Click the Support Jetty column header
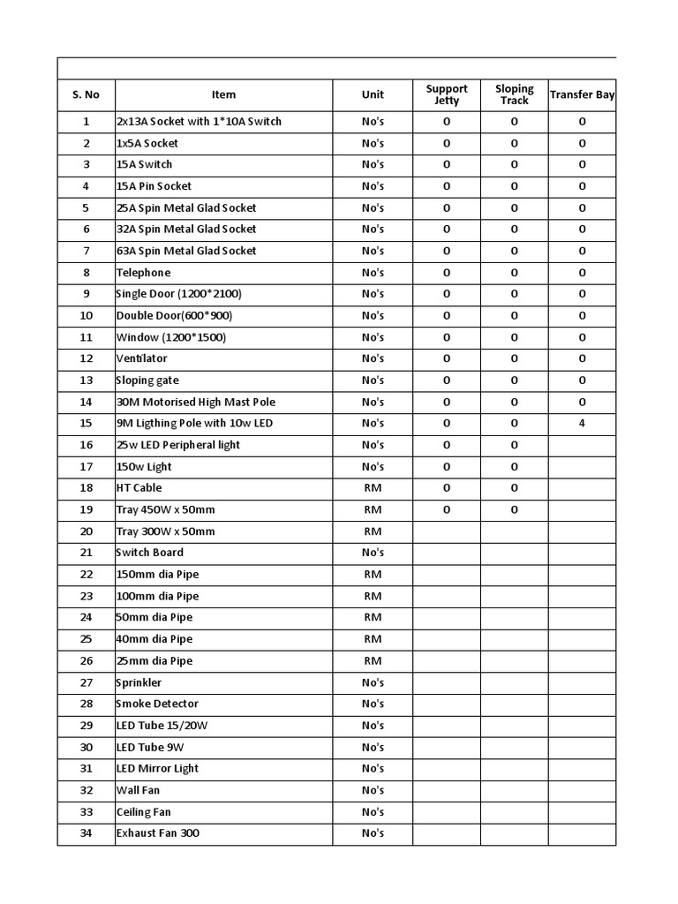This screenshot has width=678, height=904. (447, 94)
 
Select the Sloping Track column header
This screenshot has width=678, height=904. (514, 94)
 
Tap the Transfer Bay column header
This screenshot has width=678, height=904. (582, 94)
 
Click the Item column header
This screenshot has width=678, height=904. (223, 94)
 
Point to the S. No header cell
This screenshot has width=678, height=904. (86, 94)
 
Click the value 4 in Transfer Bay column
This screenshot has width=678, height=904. (582, 423)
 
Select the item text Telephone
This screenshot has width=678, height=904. (143, 273)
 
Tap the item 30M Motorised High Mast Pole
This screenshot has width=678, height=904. (195, 402)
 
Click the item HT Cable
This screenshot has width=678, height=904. (139, 487)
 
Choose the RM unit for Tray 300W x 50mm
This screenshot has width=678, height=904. (373, 531)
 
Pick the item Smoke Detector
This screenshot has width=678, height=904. (157, 704)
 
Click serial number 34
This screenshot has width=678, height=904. (86, 832)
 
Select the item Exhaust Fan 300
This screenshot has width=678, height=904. (157, 832)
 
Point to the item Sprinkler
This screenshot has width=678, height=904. (139, 682)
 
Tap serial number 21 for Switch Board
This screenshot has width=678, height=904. (86, 553)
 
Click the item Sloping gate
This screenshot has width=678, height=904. (147, 380)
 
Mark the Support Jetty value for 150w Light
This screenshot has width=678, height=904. (447, 466)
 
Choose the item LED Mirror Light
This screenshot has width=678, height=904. (157, 768)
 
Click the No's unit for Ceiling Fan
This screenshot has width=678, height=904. (373, 811)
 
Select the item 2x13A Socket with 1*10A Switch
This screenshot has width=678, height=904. (199, 121)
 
